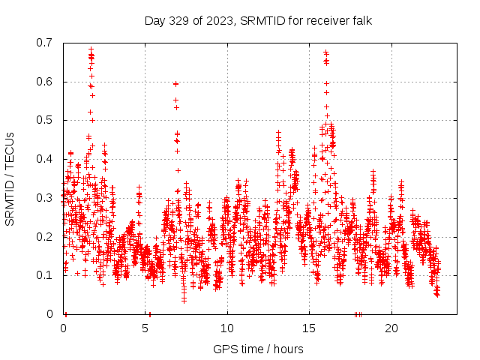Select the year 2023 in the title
[x=216, y=20]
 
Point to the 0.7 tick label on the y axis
[x=44, y=43]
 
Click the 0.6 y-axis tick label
[x=44, y=82]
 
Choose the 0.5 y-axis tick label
[x=44, y=120]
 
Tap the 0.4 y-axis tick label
[x=44, y=159]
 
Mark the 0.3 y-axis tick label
[x=44, y=198]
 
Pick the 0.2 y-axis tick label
[x=44, y=236]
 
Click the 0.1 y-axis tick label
[x=44, y=275]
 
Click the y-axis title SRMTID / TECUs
[x=10, y=178]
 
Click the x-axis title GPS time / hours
[x=258, y=349]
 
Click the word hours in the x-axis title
[x=289, y=349]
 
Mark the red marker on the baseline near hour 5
[x=150, y=313]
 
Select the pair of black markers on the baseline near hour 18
[x=358, y=313]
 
